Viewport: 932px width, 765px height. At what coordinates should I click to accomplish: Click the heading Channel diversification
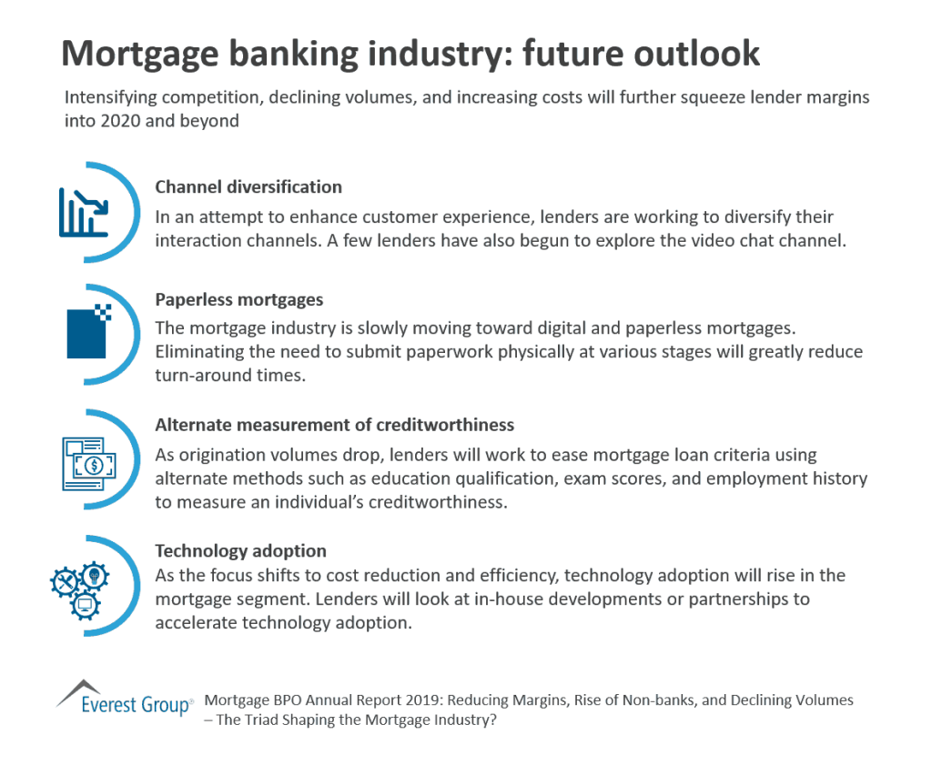[248, 187]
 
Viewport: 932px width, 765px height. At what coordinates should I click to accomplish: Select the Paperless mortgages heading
[239, 299]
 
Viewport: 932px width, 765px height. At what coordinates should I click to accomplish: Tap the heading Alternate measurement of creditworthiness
[334, 425]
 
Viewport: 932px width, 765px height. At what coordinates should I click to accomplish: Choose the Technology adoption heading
[240, 550]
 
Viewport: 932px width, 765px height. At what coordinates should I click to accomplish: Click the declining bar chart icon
[84, 212]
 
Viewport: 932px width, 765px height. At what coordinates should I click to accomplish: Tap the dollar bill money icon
[89, 464]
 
